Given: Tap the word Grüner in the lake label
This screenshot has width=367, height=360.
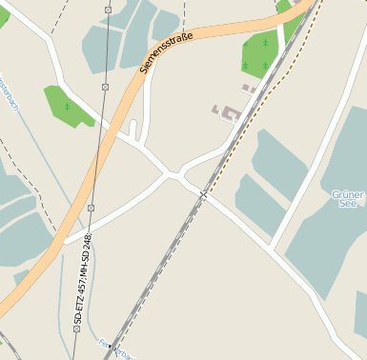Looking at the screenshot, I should pos(348,194).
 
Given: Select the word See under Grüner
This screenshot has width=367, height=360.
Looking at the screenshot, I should pos(349,206).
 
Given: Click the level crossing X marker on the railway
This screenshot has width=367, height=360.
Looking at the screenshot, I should pos(203,194).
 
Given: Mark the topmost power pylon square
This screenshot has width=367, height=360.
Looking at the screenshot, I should pos(108,10).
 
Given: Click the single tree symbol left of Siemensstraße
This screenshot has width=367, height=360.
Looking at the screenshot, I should pos(68,107).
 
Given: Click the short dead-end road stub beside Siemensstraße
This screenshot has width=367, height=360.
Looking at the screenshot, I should pos(133,130).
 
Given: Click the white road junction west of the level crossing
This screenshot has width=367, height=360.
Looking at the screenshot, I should pos(173,174).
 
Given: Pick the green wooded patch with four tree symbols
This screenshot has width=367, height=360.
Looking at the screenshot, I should pos(258,53).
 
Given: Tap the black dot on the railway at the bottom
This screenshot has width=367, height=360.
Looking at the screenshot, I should pos(111,345).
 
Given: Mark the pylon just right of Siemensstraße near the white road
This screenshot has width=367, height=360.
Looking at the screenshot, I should pos(92,208).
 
